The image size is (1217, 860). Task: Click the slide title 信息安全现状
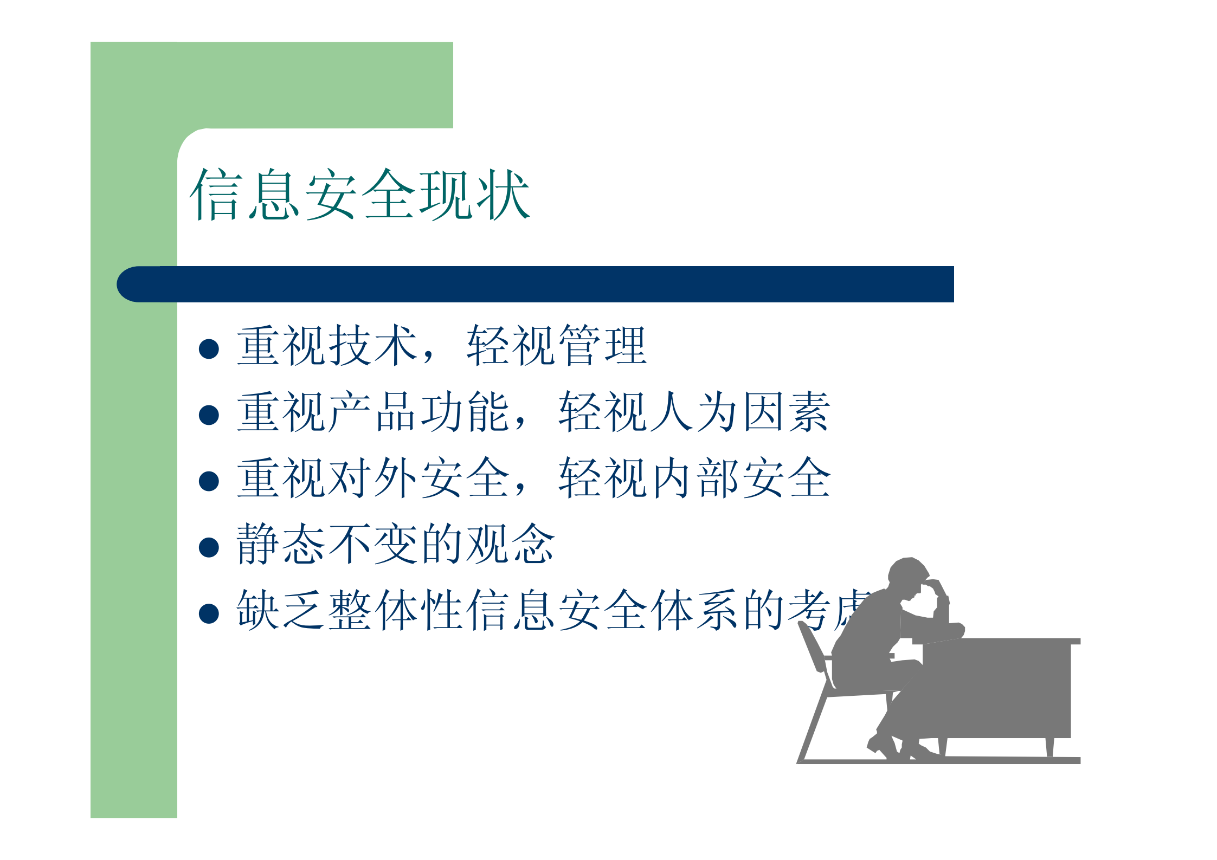[x=359, y=194]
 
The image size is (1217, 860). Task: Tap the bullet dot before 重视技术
[x=209, y=349]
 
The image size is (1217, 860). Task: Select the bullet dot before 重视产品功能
[x=209, y=415]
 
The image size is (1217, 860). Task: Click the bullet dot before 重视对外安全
[x=209, y=481]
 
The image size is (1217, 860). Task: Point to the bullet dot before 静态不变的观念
[x=209, y=547]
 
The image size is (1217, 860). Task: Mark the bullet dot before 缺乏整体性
[x=209, y=613]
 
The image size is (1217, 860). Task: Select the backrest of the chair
[x=813, y=650]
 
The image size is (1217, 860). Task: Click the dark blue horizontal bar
[x=542, y=284]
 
